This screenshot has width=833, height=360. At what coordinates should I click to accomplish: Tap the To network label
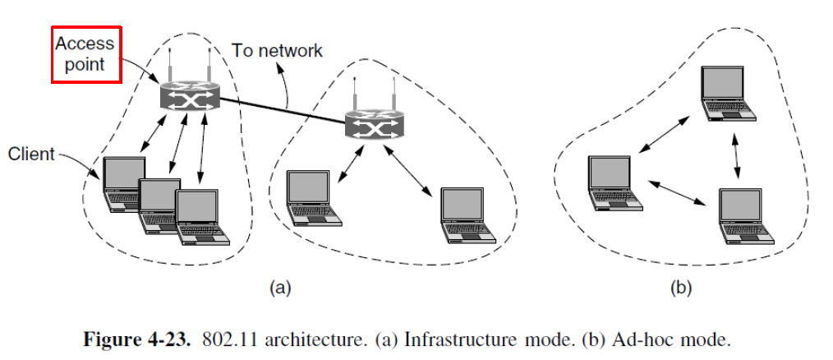click(277, 51)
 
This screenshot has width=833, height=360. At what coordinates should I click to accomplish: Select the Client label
click(31, 154)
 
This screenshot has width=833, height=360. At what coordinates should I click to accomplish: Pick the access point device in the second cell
click(374, 124)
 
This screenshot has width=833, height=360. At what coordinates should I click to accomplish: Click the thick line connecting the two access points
click(279, 109)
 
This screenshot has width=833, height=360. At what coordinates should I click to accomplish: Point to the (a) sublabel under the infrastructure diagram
click(281, 288)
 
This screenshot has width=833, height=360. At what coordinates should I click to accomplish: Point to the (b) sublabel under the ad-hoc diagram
click(681, 288)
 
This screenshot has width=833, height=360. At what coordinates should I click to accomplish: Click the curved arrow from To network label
click(287, 86)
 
